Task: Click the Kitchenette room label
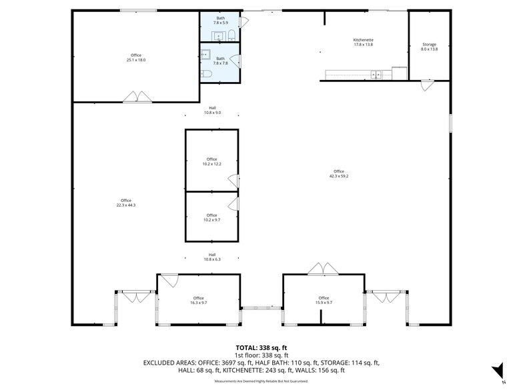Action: pos(363,42)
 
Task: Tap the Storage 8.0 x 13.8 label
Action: pos(429,47)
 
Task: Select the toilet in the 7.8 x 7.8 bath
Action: pos(207,73)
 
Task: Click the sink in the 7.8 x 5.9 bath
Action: pos(217,35)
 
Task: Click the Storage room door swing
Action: pos(426,85)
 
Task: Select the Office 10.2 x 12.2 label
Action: pos(211,161)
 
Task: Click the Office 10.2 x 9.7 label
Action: pos(211,217)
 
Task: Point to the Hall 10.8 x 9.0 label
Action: pos(212,110)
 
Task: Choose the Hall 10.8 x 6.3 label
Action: pos(212,257)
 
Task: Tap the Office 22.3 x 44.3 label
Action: pos(125,203)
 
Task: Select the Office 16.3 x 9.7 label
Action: pos(198,300)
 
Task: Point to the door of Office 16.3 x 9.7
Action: pos(167,280)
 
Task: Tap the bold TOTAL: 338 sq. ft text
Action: pos(261,348)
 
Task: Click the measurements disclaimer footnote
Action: pos(261,381)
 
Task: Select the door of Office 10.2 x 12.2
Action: pos(233,180)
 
